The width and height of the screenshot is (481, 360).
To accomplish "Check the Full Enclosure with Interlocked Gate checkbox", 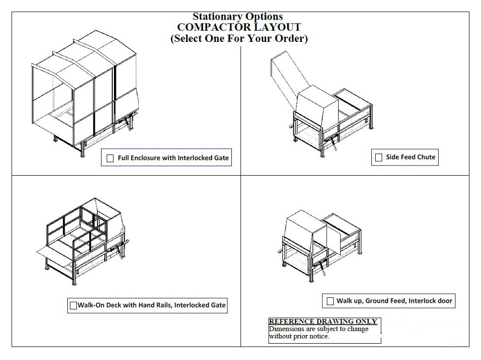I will coord(110,158).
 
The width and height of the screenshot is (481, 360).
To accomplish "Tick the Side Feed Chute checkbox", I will coord(379,157).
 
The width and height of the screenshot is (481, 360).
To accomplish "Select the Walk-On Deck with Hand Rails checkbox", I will coord(73,305).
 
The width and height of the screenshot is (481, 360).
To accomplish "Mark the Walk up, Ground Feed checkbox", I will coord(330,301).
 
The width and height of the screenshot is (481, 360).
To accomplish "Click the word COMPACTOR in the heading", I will coord(209,28).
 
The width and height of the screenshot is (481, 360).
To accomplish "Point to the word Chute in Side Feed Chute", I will coord(426,157).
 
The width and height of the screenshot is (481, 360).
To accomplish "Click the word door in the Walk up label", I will coord(444,301).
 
